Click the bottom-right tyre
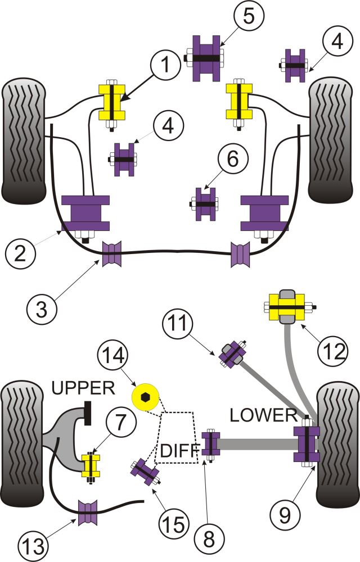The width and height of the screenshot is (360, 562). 337,444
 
